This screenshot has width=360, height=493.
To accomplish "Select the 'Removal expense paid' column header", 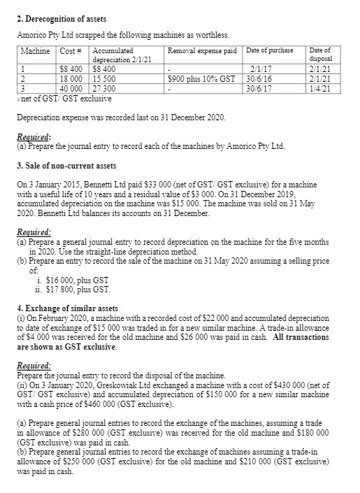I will pos(202,51).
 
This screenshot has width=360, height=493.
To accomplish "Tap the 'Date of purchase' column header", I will pos(270,51).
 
